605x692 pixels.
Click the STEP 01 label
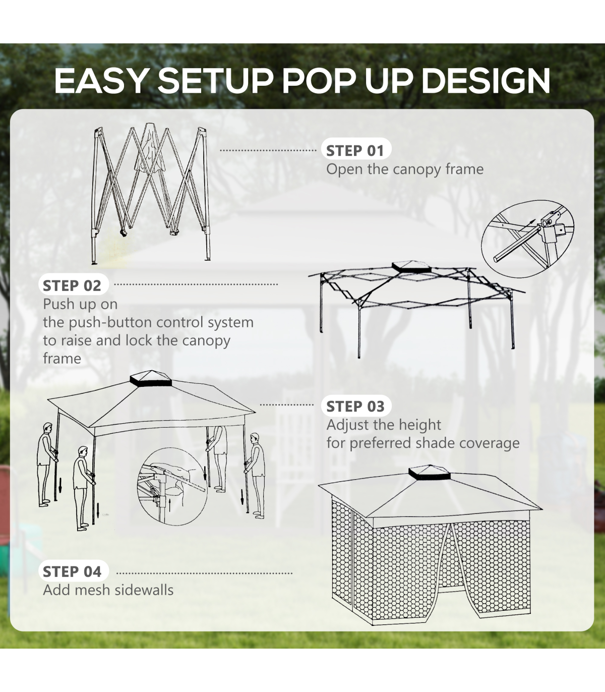355,151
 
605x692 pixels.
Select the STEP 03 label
355,407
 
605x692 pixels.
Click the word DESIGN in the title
486,81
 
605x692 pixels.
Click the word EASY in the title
100,81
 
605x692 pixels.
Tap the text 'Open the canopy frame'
405,169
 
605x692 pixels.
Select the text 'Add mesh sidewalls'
108,590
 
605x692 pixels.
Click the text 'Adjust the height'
384,425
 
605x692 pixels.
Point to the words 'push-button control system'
161,323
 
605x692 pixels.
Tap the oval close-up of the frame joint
527,239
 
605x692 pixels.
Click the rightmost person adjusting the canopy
256,476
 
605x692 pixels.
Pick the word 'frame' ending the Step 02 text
62,359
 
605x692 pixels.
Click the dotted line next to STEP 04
204,573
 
